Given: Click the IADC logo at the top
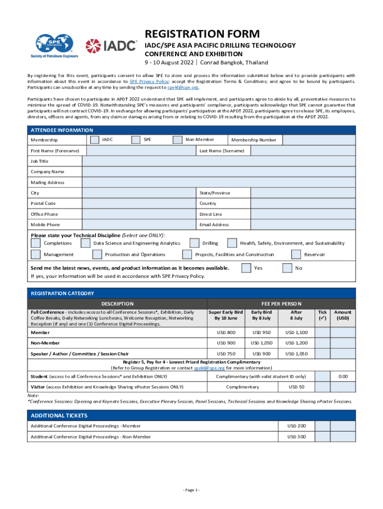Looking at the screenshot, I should (111, 46).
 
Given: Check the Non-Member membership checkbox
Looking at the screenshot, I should (178, 140).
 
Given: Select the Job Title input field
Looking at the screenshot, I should (219, 161).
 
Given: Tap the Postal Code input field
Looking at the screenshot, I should (138, 203).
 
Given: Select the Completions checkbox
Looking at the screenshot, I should (36, 243).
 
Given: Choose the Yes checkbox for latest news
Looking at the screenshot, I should (246, 268).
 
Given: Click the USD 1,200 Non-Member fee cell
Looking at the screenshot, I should (296, 343).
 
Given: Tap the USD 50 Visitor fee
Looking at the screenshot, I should (297, 386).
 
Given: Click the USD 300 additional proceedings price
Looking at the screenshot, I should (297, 436).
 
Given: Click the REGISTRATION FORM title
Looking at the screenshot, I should (202, 34).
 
